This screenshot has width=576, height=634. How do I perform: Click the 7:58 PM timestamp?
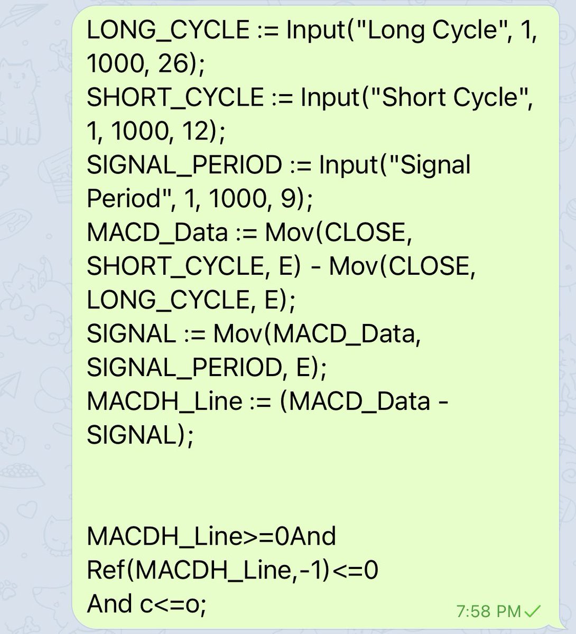point(488,612)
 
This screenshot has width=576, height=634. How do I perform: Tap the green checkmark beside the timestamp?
point(533,612)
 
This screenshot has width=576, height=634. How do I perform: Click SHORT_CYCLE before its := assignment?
point(175,98)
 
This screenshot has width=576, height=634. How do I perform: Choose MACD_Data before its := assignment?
point(157,233)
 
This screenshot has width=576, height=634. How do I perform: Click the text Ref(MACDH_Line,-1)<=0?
point(233,571)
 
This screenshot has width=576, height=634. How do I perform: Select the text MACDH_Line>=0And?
point(211,537)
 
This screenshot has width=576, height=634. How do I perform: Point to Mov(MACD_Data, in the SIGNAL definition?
point(318,334)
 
